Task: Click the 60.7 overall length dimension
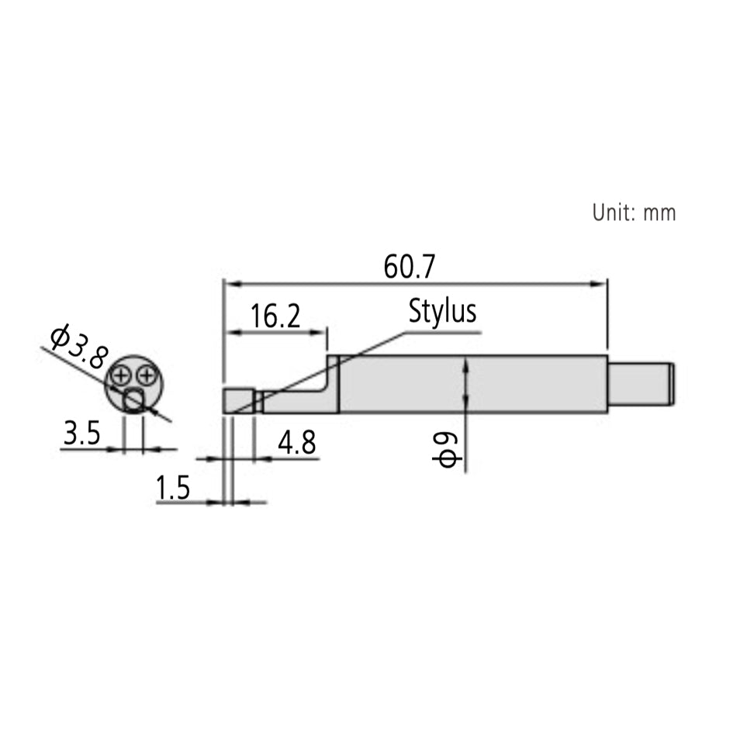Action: coord(410,267)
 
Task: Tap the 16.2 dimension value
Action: coord(275,316)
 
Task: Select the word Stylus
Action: coord(442,312)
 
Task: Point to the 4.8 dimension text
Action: coord(296,444)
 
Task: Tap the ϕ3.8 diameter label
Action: coord(77,347)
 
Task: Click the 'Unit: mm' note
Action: coord(634,213)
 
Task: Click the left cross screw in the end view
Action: coord(121,376)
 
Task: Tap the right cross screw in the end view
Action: coord(145,376)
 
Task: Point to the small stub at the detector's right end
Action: coord(640,383)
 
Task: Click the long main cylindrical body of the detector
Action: coord(473,384)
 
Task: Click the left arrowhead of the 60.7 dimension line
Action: coord(228,283)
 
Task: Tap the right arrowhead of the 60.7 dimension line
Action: coord(601,283)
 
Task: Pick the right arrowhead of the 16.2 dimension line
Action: coord(322,333)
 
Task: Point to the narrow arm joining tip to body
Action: coord(299,403)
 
